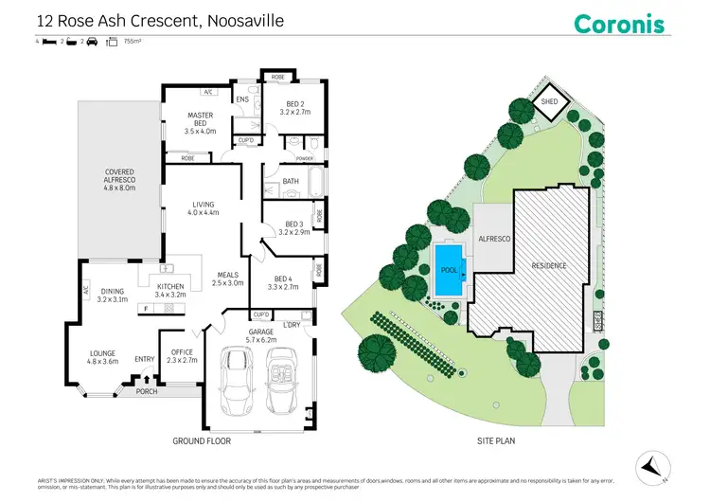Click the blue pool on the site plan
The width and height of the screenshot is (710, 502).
coord(449,268)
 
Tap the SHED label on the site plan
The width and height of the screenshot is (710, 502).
coord(548,102)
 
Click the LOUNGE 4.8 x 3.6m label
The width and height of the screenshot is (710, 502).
coord(102,356)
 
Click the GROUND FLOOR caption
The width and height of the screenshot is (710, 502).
coord(201,441)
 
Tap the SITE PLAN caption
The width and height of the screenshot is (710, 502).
coord(501,441)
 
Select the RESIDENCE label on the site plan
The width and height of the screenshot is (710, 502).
coord(548,266)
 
